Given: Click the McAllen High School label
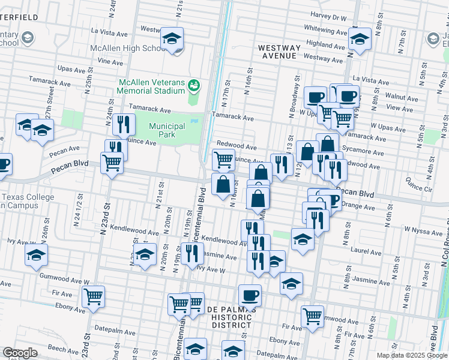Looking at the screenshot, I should [125, 48].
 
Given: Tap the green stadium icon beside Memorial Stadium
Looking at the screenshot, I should [193, 85].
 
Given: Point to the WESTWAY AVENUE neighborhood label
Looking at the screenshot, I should [278, 51].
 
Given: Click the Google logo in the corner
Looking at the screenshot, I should [20, 353].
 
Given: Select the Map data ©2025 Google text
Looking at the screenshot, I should [412, 355].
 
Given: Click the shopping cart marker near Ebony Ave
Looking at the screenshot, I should [93, 296].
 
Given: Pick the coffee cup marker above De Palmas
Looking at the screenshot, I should [250, 295].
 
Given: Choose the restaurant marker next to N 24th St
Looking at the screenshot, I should [123, 124].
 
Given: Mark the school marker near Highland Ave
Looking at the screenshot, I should [360, 41].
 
